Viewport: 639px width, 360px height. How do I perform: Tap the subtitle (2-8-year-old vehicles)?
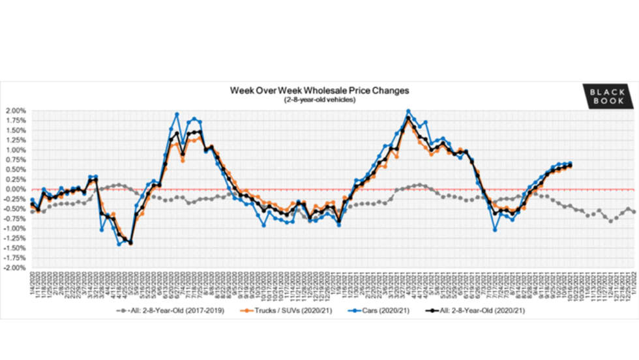click(319, 99)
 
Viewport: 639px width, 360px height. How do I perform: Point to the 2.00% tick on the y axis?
click(16, 111)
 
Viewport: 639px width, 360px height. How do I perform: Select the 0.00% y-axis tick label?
click(16, 189)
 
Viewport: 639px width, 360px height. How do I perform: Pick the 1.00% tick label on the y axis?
click(16, 150)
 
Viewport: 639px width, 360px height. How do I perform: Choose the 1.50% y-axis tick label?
click(16, 130)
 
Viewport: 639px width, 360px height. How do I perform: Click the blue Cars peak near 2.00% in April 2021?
click(408, 112)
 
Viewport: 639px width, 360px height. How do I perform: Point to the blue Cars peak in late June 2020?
click(177, 114)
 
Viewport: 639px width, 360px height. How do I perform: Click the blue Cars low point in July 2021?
click(496, 230)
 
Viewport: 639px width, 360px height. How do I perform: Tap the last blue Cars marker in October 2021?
click(571, 163)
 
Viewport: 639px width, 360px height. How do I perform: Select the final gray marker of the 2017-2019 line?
click(634, 212)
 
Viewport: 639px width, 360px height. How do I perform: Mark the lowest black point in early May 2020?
click(130, 243)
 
